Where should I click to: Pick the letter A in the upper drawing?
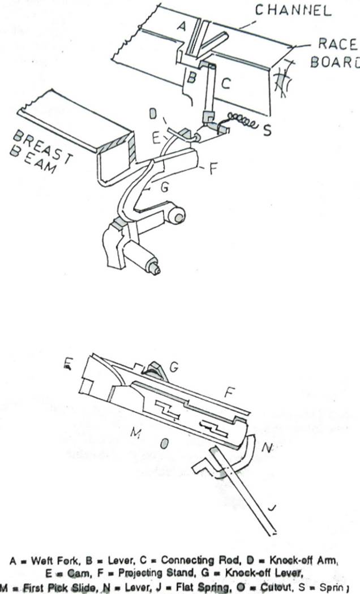coord(181,26)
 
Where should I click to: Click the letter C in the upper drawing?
coord(225,84)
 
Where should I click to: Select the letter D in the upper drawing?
coord(153,114)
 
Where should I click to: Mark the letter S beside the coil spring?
coord(267,131)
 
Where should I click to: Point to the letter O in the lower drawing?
coord(164,444)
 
